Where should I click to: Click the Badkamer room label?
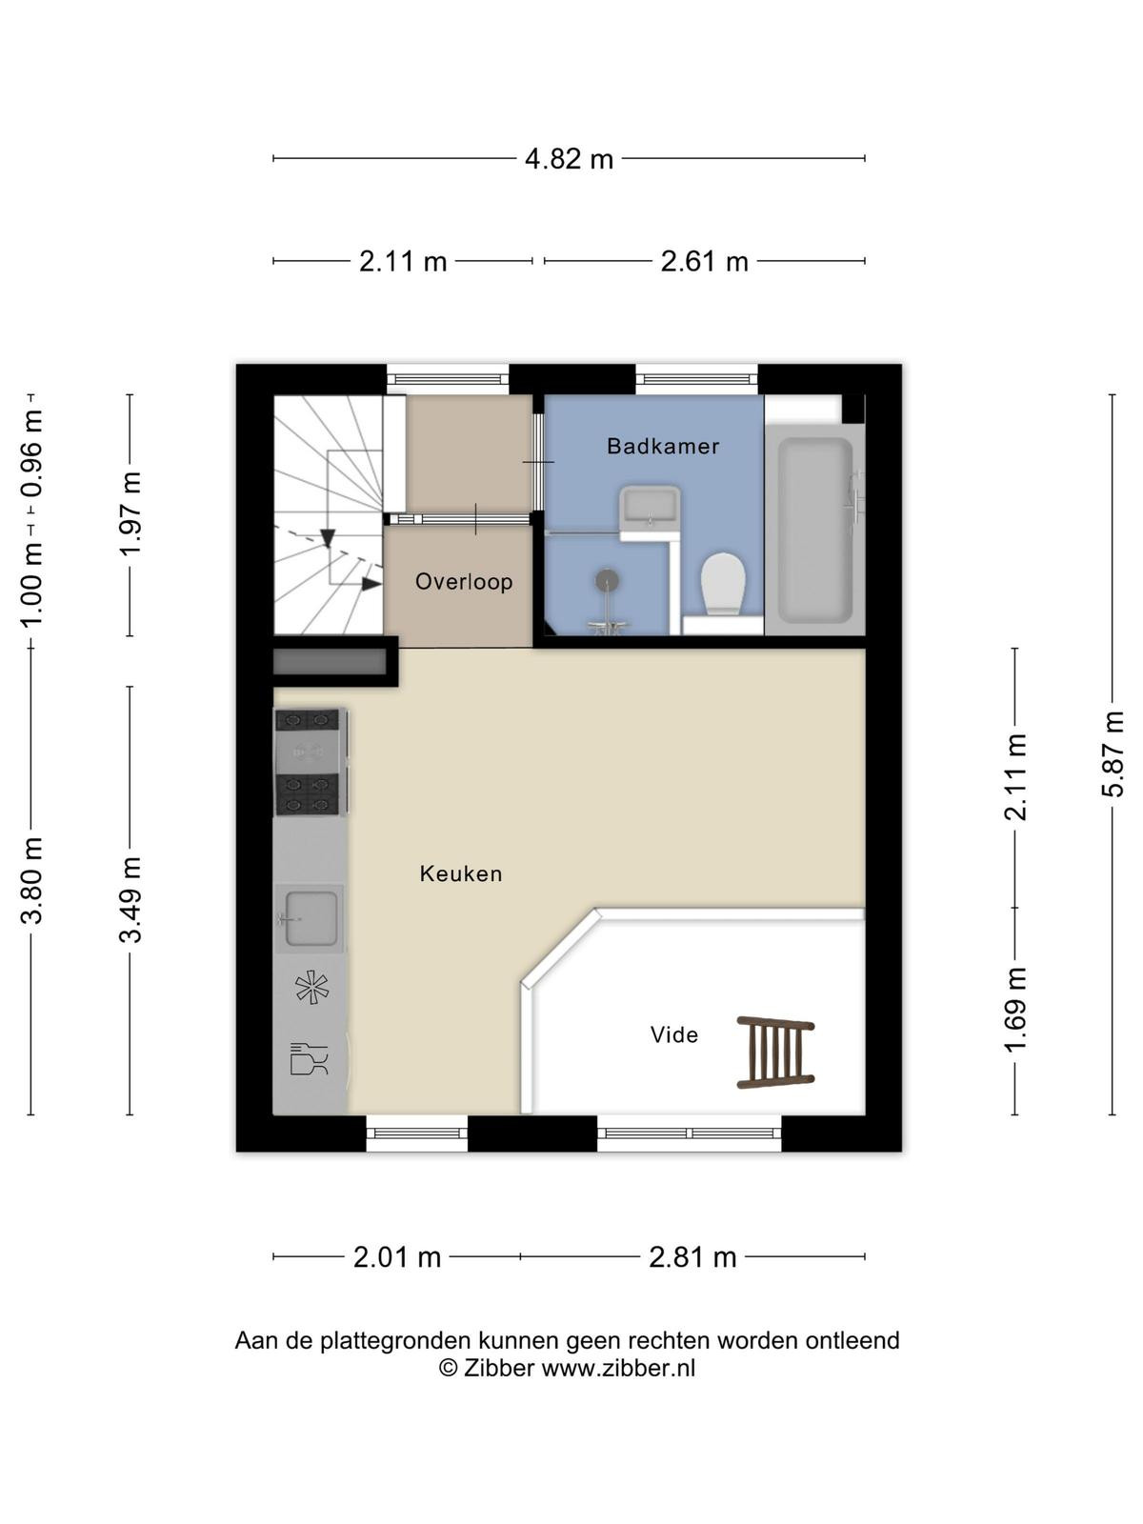tap(663, 446)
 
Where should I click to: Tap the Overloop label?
tap(464, 582)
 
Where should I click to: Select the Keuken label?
tap(461, 873)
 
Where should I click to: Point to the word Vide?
tap(673, 1035)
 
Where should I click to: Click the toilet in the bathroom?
tap(723, 584)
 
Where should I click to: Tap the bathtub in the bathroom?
tap(814, 530)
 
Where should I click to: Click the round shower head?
tap(608, 580)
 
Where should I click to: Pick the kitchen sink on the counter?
tap(311, 918)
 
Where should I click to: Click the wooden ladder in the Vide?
tap(775, 1053)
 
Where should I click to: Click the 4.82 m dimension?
tap(569, 159)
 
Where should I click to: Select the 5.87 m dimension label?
tap(1113, 754)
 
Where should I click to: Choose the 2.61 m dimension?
tap(705, 262)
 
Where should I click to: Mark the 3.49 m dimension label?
tap(130, 899)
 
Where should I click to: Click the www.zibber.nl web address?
tap(617, 1368)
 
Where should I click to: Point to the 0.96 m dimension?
tap(31, 454)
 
